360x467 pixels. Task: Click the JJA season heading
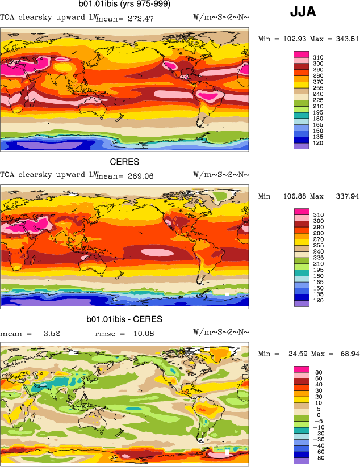pyautogui.click(x=303, y=11)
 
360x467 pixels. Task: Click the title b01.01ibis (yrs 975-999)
pyautogui.click(x=124, y=5)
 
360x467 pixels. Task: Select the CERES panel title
pyautogui.click(x=124, y=162)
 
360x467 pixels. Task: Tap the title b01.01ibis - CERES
pyautogui.click(x=124, y=319)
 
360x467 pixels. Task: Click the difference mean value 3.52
pyautogui.click(x=52, y=334)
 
